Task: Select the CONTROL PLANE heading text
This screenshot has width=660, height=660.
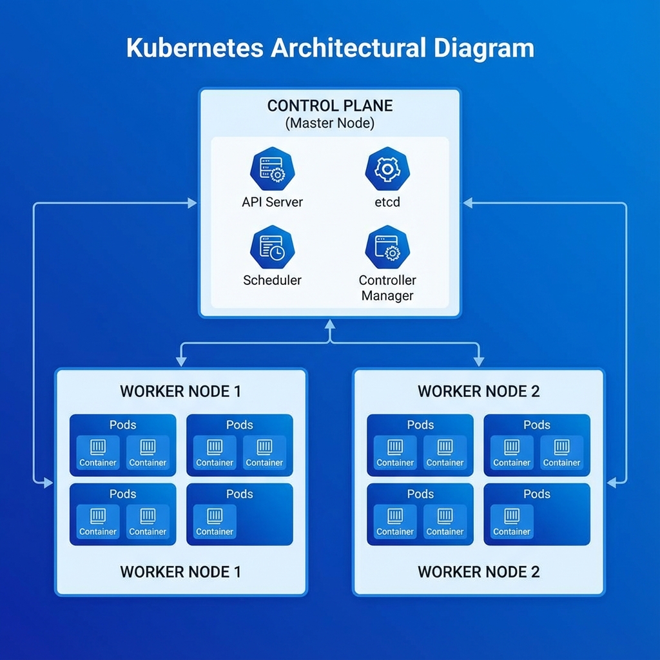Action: click(330, 106)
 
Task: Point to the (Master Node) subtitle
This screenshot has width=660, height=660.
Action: click(330, 123)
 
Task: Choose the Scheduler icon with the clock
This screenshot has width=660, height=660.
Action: click(271, 247)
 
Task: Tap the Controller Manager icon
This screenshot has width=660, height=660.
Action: click(387, 247)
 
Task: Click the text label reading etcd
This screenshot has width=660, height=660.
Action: click(387, 202)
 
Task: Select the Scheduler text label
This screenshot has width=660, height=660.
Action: click(272, 280)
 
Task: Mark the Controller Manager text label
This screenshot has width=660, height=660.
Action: click(387, 288)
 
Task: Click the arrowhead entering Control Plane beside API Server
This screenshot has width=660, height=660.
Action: click(192, 204)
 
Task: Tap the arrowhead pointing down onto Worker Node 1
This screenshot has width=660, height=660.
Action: click(181, 362)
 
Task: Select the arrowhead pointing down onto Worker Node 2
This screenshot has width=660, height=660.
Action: click(478, 362)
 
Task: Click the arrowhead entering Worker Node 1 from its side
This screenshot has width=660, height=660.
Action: click(48, 483)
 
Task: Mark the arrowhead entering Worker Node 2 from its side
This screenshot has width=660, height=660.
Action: click(612, 481)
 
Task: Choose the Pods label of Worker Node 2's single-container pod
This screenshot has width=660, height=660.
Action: click(537, 494)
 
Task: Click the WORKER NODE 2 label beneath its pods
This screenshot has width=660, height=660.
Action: click(478, 572)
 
